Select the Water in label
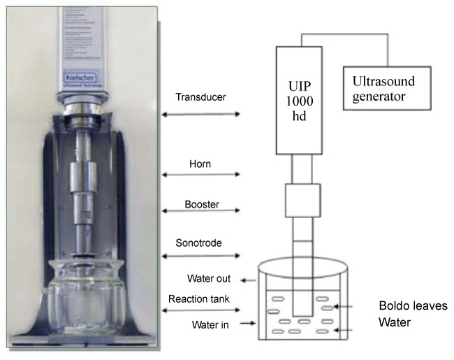207,324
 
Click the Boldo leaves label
412,306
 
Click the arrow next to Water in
245,324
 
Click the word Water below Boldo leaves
394,324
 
